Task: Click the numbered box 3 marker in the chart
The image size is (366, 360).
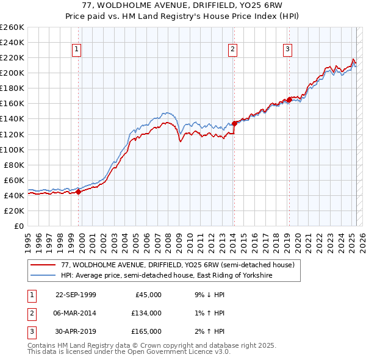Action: (287, 50)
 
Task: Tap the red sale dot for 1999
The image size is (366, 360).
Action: (79, 192)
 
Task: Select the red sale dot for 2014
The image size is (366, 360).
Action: (234, 123)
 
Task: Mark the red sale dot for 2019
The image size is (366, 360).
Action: (289, 100)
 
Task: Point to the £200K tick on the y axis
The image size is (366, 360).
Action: (12, 73)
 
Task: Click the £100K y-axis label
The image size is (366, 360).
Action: (12, 149)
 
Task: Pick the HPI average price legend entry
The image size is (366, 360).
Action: (166, 276)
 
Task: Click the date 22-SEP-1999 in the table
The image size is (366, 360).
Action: (76, 295)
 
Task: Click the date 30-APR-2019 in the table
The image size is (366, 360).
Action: (76, 331)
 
